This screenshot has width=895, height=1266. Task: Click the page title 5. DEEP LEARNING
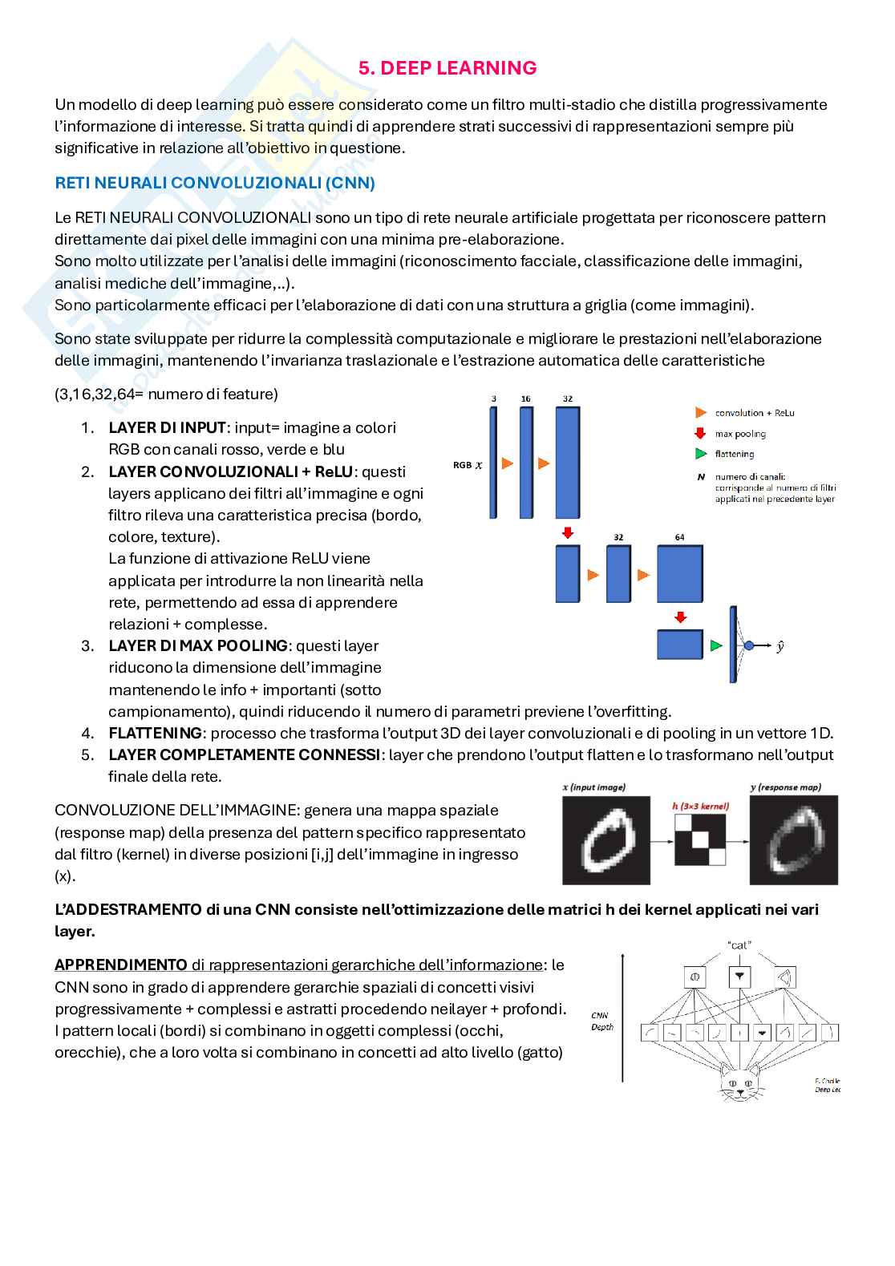pyautogui.click(x=447, y=68)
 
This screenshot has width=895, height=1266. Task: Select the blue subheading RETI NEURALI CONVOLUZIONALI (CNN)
pyautogui.click(x=215, y=183)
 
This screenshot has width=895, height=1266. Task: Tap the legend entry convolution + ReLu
pyautogui.click(x=754, y=413)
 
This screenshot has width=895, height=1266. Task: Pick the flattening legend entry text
pyautogui.click(x=735, y=455)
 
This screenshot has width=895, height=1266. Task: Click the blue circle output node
pyautogui.click(x=748, y=645)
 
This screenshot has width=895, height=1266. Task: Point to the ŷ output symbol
pyautogui.click(x=780, y=645)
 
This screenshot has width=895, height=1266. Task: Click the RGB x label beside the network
pyautogui.click(x=468, y=464)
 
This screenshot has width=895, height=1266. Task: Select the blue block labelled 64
pyautogui.click(x=679, y=574)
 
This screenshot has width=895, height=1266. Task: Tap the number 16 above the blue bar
pyautogui.click(x=525, y=398)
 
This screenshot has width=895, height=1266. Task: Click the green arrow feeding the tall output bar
pyautogui.click(x=716, y=645)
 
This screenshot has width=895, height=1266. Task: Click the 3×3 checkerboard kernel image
pyautogui.click(x=700, y=839)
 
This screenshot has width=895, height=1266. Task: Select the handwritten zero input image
pyautogui.click(x=605, y=839)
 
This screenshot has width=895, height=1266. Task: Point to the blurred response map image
pyautogui.click(x=793, y=839)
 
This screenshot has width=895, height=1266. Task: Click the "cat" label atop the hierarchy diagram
pyautogui.click(x=739, y=945)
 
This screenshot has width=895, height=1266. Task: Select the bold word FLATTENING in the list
pyautogui.click(x=156, y=733)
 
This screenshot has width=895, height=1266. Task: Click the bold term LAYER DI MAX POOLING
pyautogui.click(x=198, y=645)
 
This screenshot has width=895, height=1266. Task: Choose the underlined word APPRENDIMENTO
pyautogui.click(x=121, y=965)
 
